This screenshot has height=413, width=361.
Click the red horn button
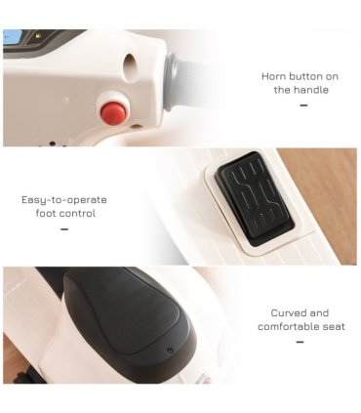coord(113,111)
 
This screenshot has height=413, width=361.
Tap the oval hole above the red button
coord(130,67)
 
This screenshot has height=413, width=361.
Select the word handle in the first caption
coord(310,90)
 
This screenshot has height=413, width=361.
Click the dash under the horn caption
coord(303,105)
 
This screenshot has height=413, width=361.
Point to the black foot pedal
coord(254,195)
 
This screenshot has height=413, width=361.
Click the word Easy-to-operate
coord(64,200)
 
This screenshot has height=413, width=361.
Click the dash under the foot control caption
coord(64,229)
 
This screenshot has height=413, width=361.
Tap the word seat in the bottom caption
coord(334,326)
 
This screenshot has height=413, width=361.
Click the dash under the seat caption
coord(301,342)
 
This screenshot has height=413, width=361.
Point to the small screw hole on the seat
coord(170,351)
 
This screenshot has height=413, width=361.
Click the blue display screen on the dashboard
coord(12,37)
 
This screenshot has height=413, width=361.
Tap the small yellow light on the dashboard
coord(38,36)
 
